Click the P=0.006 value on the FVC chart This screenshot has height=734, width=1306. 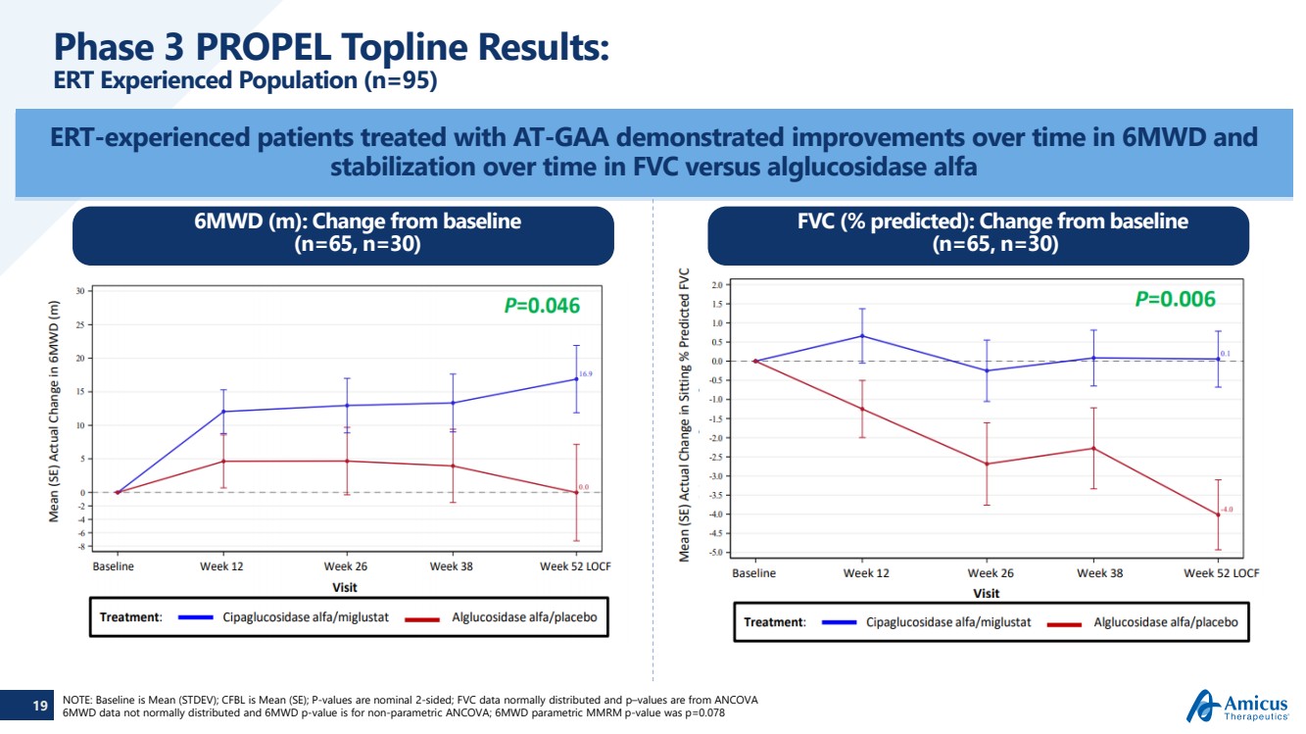tap(1175, 299)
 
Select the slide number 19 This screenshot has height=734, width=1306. tap(40, 706)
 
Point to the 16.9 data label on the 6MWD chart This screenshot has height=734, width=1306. tap(585, 374)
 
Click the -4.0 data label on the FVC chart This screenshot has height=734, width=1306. tap(1226, 510)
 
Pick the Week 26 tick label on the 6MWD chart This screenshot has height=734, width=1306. tap(346, 566)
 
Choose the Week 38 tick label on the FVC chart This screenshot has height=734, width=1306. tap(1099, 573)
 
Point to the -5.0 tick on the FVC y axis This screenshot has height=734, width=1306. tap(716, 553)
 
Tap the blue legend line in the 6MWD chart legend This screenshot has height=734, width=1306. tap(195, 617)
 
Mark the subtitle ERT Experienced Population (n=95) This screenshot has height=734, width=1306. tap(245, 80)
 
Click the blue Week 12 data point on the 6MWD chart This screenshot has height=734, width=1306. tap(223, 412)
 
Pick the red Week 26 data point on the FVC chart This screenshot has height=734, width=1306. tap(987, 464)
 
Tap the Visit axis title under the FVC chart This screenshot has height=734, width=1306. tap(986, 593)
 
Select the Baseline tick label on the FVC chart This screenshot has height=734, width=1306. tap(753, 573)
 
